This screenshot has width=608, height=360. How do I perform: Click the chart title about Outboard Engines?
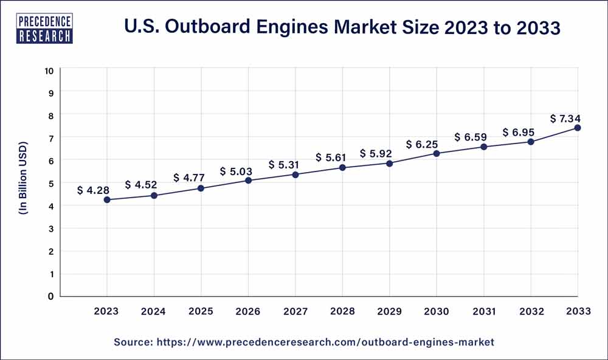342,27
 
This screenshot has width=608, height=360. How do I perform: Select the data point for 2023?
107,199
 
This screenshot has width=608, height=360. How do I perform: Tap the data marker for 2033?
578,128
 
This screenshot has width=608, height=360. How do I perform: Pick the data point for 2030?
437,153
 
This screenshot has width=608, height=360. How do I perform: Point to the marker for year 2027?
295,175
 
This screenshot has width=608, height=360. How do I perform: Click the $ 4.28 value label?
93,190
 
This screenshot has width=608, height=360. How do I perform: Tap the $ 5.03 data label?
235,171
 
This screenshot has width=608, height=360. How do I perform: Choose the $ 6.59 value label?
470,137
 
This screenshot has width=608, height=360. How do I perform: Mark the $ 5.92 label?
376,153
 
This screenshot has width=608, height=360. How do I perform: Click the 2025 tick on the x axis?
201,311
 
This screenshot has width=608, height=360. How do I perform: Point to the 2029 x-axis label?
389,311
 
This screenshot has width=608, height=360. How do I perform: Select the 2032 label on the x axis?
531,311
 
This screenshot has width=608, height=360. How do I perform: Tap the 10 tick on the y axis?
49,71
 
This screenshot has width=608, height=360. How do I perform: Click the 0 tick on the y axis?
51,296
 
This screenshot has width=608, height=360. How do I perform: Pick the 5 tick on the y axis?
51,183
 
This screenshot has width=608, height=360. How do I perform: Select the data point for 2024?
154,195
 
